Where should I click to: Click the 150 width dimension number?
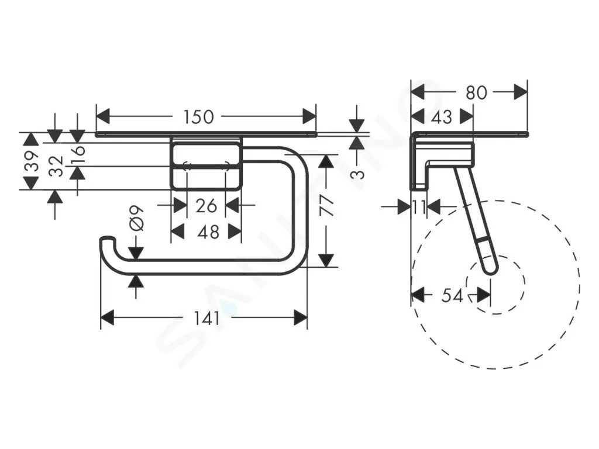(198, 117)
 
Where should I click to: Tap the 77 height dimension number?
(328, 206)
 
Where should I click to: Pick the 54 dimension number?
(452, 295)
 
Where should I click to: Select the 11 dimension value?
(418, 207)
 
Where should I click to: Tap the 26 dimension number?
(206, 205)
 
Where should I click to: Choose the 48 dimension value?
(208, 232)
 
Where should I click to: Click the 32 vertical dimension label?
(56, 165)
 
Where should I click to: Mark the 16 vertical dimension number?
(78, 153)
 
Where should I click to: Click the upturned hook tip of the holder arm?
(107, 240)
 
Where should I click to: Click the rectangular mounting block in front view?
(206, 164)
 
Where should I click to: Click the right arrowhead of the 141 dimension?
(301, 319)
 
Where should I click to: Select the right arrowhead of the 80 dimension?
(521, 92)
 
